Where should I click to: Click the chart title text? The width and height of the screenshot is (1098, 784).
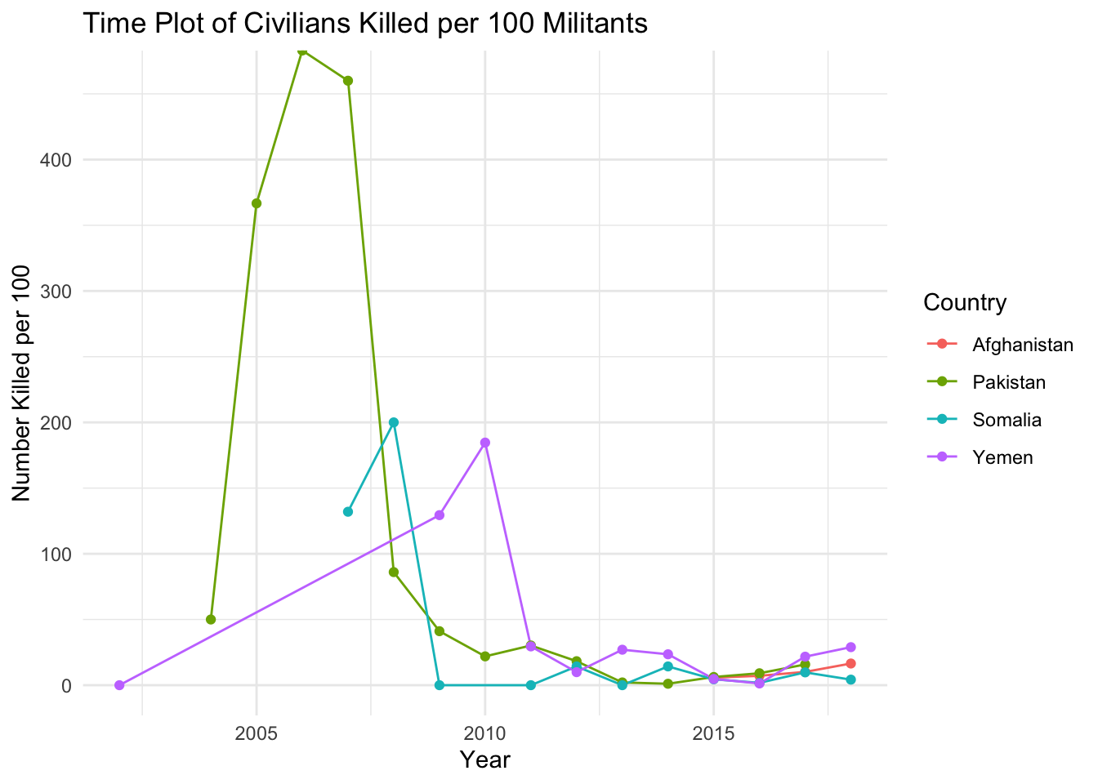coord(364,24)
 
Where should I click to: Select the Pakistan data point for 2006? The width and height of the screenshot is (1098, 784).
coord(302,51)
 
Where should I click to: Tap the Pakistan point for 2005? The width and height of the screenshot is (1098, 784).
coord(257,203)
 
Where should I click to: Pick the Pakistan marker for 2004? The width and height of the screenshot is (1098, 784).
coord(211,619)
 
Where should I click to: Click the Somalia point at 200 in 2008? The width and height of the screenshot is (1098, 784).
coord(394,422)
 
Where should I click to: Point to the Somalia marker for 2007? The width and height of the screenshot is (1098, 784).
coord(348,511)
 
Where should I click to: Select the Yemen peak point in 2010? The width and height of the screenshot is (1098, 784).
coord(485,443)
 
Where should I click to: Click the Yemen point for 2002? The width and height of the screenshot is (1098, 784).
coord(119,685)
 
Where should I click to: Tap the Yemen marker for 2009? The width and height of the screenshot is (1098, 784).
coord(440,515)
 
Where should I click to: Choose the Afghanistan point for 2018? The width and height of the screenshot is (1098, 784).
coord(850,663)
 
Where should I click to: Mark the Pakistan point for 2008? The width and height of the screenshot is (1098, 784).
coord(394,572)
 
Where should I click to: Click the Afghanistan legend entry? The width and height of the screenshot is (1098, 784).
coord(1022,345)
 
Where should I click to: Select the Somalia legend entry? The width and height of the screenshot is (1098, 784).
coord(1006,420)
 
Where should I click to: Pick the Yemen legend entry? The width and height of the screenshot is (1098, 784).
coord(1002,457)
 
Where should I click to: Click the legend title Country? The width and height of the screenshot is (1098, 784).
coord(964,303)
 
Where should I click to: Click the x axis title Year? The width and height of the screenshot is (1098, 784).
coord(485,760)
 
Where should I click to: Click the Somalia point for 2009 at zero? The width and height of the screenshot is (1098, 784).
coord(440,685)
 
